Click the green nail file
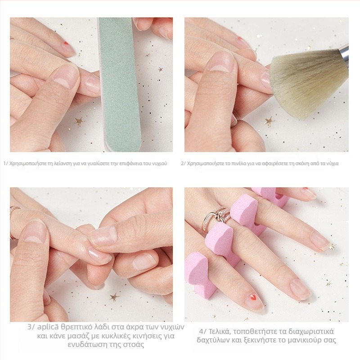click(x=119, y=85)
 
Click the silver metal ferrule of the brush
click(x=345, y=55)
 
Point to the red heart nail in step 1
click(x=66, y=43)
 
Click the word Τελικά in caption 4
click(x=219, y=332)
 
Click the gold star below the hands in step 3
click(x=114, y=297)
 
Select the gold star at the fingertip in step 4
click(x=332, y=247)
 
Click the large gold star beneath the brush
click(x=270, y=121)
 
